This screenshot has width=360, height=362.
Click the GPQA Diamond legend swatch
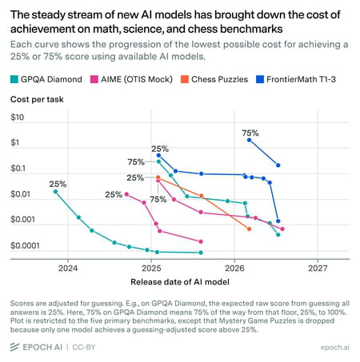click(x=14, y=79)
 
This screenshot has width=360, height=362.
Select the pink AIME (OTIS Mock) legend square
click(x=94, y=79)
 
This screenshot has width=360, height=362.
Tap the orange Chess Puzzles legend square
click(x=185, y=79)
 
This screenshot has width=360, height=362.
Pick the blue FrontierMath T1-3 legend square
click(x=260, y=79)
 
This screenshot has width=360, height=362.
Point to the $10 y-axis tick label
click(x=17, y=117)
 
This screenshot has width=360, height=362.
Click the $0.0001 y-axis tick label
click(x=25, y=245)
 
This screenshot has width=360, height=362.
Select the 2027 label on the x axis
click(x=318, y=268)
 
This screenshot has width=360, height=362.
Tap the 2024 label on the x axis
click(x=68, y=268)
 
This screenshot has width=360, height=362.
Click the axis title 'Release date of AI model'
click(x=180, y=282)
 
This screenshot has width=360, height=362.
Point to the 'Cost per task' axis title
click(x=37, y=99)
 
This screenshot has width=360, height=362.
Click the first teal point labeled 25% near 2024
click(x=55, y=192)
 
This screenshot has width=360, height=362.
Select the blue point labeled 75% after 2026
click(x=249, y=140)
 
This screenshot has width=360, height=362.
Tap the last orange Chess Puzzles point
click(x=249, y=229)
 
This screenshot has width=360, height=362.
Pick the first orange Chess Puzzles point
click(x=158, y=177)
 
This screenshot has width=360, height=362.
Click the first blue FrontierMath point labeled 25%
click(x=158, y=155)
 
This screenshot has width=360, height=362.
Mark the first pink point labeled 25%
click(x=126, y=194)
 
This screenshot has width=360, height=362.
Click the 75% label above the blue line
click(x=250, y=133)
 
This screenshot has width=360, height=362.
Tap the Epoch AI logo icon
click(x=14, y=347)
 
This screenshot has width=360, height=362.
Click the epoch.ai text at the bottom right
click(x=335, y=348)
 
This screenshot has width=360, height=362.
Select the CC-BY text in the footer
click(x=84, y=348)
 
